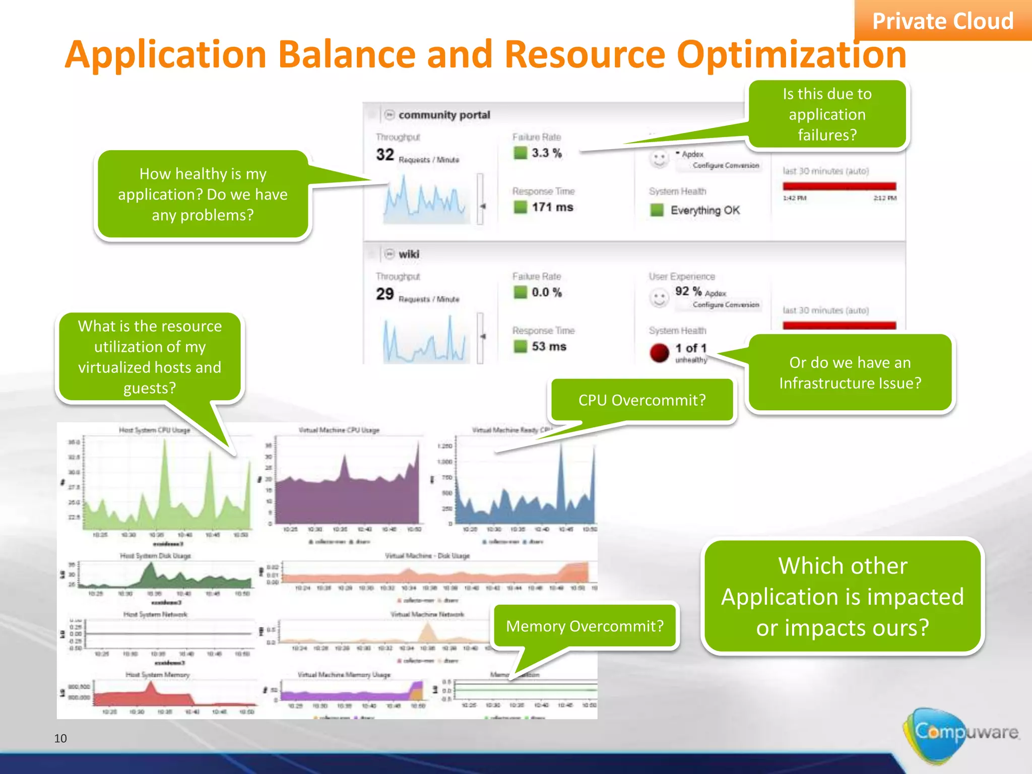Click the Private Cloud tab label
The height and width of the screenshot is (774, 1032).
pyautogui.click(x=942, y=21)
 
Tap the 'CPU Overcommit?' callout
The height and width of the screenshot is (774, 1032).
pyautogui.click(x=641, y=400)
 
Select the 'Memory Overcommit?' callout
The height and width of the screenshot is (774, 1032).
pyautogui.click(x=585, y=626)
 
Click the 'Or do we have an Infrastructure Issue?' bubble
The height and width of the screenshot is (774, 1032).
pyautogui.click(x=850, y=373)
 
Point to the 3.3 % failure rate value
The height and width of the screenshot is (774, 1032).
pyautogui.click(x=546, y=153)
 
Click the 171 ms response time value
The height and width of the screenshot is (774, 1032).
pyautogui.click(x=552, y=207)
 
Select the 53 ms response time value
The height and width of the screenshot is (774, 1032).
pyautogui.click(x=549, y=347)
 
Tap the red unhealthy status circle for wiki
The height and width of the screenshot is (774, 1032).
pyautogui.click(x=659, y=353)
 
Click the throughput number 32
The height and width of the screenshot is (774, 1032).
pyautogui.click(x=385, y=155)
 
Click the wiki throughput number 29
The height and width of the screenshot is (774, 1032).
pyautogui.click(x=385, y=294)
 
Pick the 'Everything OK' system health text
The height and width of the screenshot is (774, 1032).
pyautogui.click(x=704, y=210)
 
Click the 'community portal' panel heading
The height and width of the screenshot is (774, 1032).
pyautogui.click(x=444, y=115)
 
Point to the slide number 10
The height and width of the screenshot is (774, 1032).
pyautogui.click(x=60, y=738)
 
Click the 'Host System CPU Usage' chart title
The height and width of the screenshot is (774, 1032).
pyautogui.click(x=154, y=430)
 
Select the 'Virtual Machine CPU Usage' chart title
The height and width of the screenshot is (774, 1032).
pyautogui.click(x=339, y=430)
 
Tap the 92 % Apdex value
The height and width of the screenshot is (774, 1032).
pyautogui.click(x=688, y=291)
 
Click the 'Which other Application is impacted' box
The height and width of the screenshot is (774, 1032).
pyautogui.click(x=843, y=597)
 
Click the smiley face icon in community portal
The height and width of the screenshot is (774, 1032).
pyautogui.click(x=659, y=159)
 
